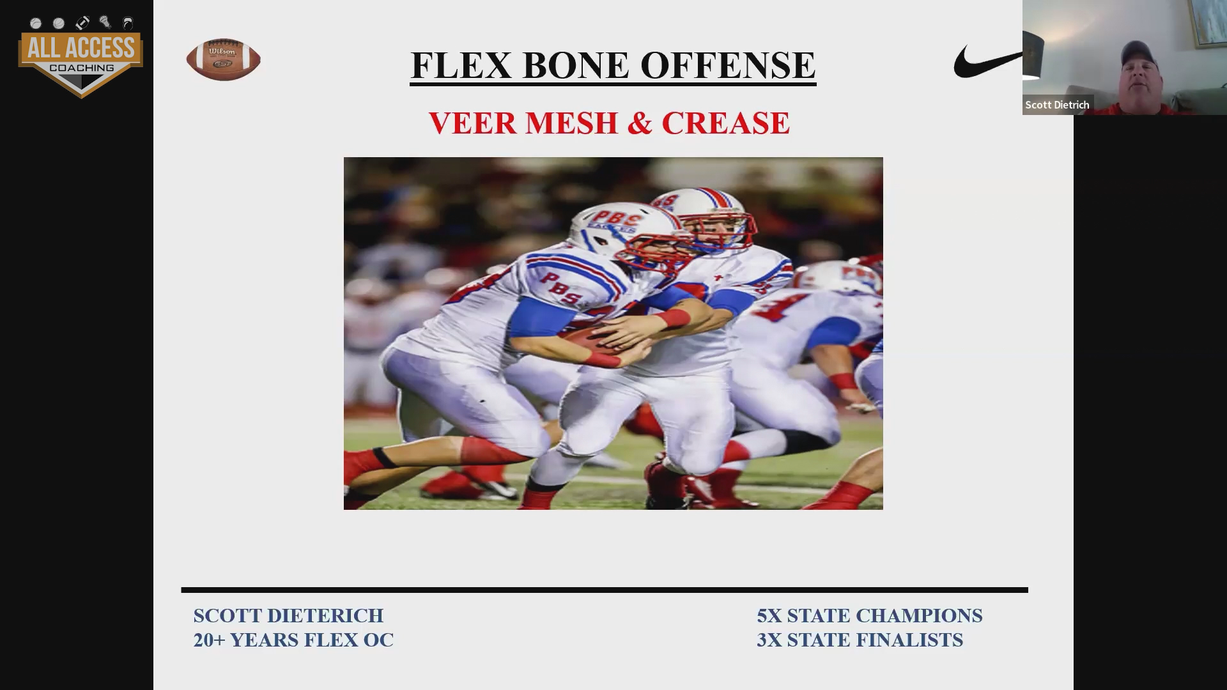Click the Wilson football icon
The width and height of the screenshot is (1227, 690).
pos(223,59)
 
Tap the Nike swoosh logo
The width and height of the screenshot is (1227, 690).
pos(988,62)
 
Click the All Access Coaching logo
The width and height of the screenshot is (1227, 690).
pos(81,57)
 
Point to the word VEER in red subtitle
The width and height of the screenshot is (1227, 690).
pos(472,123)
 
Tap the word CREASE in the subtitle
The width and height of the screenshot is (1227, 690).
pos(725,123)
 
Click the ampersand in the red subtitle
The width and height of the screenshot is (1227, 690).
pos(639,123)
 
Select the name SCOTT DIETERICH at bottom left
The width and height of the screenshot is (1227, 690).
pos(288,615)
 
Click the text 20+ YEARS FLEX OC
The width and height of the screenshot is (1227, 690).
pos(293,640)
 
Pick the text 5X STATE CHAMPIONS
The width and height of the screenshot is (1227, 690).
pos(870,615)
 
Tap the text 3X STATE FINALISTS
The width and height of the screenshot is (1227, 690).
pos(860,640)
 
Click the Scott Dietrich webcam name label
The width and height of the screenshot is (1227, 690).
pos(1057,105)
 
